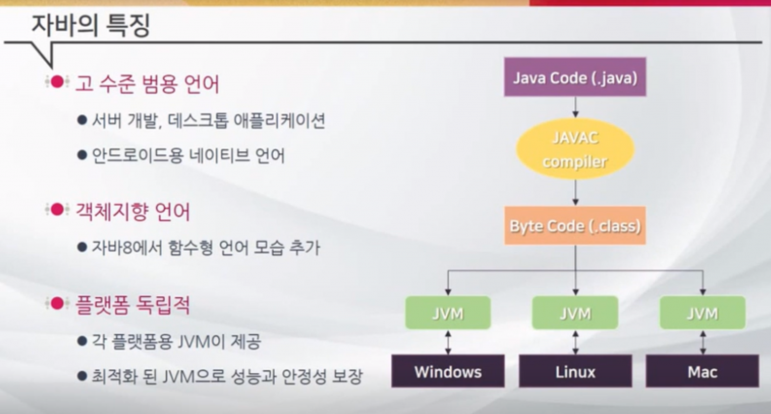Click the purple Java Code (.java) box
[x=575, y=77]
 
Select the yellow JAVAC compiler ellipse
[x=575, y=149]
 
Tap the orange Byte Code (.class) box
[x=575, y=226]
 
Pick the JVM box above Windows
[x=448, y=313]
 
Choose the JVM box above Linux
[x=575, y=313]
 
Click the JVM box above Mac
[x=702, y=313]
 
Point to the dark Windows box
[x=448, y=372]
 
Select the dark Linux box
[x=575, y=372]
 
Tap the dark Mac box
[x=702, y=372]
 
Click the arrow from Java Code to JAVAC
[x=575, y=107]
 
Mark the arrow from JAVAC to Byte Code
[x=575, y=193]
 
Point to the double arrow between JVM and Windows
[x=448, y=342]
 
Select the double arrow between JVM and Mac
[x=702, y=342]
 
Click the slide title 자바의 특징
[x=91, y=25]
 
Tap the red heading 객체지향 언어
[x=133, y=212]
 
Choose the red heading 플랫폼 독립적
[x=133, y=306]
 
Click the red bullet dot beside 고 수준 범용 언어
[x=57, y=82]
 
